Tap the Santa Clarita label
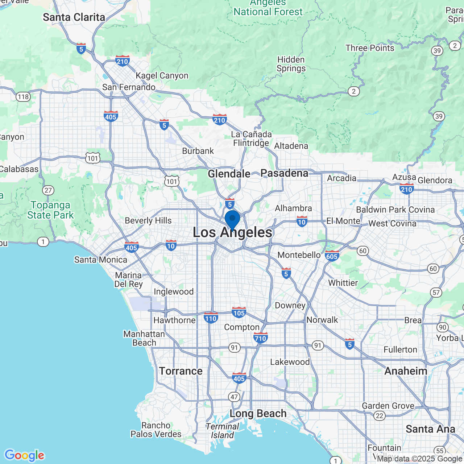pos(74,17)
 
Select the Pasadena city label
pos(284,173)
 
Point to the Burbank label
pos(198,151)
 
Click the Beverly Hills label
pos(148,220)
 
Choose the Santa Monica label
pos(101,260)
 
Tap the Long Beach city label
pos(258,413)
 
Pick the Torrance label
pos(181,371)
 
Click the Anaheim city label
pos(406,371)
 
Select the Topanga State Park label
pos(50,210)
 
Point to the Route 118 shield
pos(23,97)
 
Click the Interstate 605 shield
pos(332,256)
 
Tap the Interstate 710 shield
pos(260,338)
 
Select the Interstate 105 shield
pos(239,312)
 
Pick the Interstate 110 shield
pos(211,318)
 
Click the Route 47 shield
pos(234,397)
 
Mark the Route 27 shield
pos(48,190)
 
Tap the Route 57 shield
pos(436,293)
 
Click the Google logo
pos(24,455)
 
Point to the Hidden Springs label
pos(291,64)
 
